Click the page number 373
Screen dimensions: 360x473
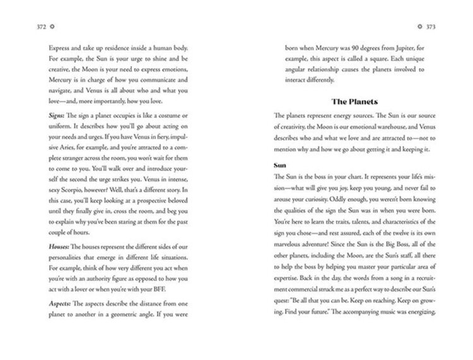click(430, 27)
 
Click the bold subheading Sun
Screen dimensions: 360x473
click(281, 165)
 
